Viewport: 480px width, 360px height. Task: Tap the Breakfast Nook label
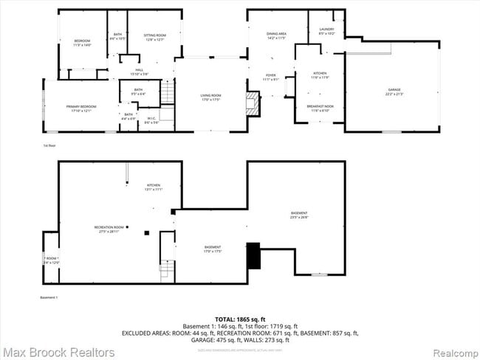321,108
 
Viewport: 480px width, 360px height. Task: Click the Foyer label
270,77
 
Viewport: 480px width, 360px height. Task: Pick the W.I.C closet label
151,120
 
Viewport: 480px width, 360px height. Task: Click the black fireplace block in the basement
253,256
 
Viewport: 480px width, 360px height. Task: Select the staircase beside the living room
167,94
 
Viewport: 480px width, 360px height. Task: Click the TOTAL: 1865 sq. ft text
240,319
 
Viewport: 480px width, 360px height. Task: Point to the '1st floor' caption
49,146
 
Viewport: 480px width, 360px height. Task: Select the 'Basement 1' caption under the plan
49,297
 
